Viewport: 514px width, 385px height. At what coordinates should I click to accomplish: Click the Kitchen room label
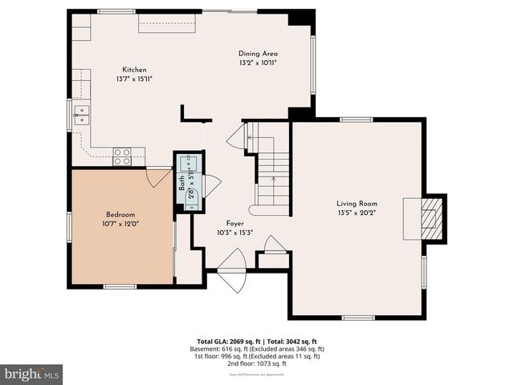point(134,70)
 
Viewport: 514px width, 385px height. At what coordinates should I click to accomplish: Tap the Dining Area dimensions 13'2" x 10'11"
point(258,63)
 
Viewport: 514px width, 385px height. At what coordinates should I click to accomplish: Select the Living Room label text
point(357,204)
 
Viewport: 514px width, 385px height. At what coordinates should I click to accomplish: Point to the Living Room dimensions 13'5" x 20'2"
point(357,213)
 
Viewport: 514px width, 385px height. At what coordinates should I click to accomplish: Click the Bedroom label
point(120,215)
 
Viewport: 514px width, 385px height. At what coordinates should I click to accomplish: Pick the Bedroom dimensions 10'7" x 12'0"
point(120,225)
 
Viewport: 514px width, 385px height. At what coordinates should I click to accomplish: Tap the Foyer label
point(235,224)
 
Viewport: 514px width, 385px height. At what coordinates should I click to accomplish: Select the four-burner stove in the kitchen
point(122,156)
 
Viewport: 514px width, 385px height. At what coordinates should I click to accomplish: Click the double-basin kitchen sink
point(80,114)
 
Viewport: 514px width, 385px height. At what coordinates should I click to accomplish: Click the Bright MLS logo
point(32,374)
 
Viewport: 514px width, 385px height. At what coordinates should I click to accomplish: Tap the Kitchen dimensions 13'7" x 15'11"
point(134,79)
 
